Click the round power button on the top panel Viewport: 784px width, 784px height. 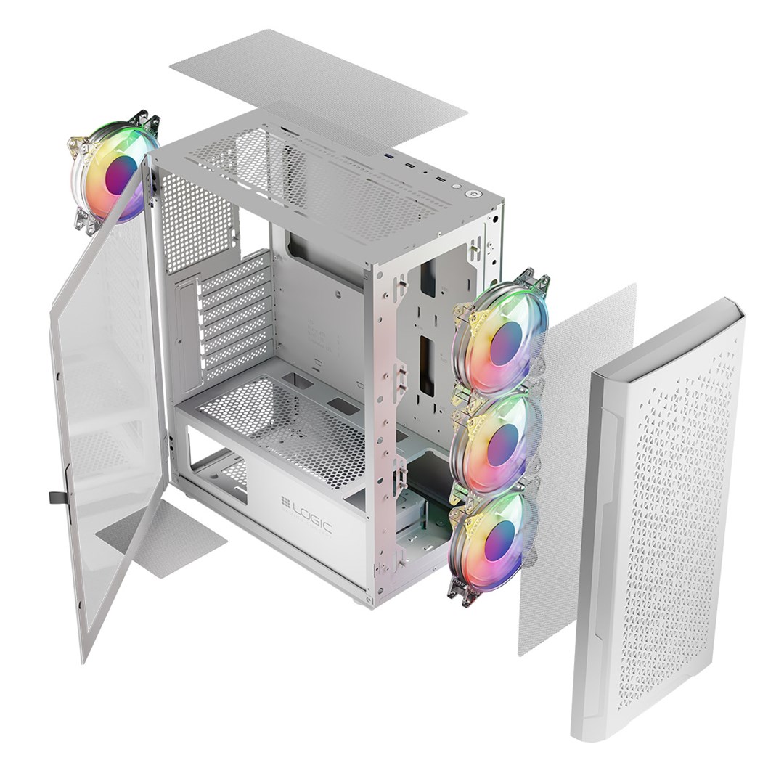pyautogui.click(x=473, y=194)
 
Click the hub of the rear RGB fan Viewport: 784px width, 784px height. pyautogui.click(x=121, y=174)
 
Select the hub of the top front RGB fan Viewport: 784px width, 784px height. pyautogui.click(x=505, y=343)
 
